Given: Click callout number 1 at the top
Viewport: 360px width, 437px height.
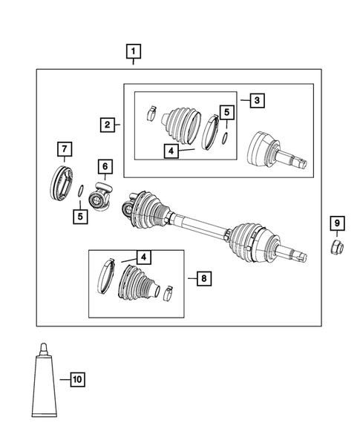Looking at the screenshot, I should (134, 51).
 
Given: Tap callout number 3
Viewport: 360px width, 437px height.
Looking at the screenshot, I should (255, 99).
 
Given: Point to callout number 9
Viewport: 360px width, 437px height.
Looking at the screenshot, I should (336, 223).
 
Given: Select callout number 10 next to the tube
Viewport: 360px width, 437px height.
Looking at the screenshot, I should (76, 381).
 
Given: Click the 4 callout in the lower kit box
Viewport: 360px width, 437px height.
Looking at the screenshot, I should (143, 257).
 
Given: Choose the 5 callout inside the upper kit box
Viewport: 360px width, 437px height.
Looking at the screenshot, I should (226, 113).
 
